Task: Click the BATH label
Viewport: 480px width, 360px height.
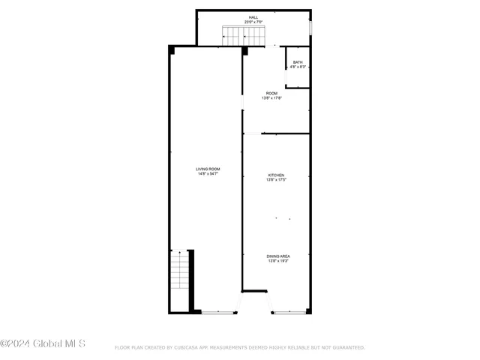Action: [298, 62]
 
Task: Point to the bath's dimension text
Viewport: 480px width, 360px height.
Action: [298, 67]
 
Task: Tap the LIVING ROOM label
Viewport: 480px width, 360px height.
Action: [208, 169]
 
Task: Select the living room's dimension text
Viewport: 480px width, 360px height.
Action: [208, 175]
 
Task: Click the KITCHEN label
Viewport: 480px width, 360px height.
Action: [277, 175]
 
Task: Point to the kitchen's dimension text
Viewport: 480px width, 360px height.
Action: [277, 180]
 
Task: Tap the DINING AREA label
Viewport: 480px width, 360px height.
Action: [278, 256]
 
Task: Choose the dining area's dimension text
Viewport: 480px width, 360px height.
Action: [278, 261]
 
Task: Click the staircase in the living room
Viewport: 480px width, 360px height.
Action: [180, 271]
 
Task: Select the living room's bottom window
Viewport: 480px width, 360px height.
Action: [219, 312]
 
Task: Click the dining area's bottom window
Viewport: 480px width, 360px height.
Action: [289, 312]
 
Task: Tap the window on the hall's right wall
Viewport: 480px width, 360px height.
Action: [310, 27]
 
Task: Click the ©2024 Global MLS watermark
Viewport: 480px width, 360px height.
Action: [43, 344]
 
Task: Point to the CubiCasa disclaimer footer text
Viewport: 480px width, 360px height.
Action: [239, 348]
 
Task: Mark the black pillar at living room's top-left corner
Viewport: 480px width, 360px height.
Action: [172, 49]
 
